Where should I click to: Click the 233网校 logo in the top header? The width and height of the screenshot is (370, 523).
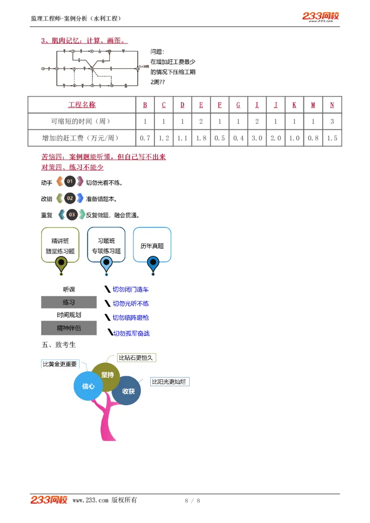321,17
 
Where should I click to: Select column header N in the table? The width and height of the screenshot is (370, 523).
332,105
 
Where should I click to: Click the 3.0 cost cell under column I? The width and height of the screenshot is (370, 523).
257,138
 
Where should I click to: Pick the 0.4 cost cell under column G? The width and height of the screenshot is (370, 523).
238,138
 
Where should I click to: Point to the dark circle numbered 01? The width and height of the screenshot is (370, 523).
70,182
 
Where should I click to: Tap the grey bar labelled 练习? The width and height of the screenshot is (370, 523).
68,302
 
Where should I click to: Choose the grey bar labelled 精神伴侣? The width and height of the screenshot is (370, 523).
68,328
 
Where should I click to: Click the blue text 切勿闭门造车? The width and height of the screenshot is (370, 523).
130,290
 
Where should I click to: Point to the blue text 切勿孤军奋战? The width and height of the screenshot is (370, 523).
131,333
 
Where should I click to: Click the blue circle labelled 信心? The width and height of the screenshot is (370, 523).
88,386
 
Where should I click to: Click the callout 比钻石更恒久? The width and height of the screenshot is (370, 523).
136,358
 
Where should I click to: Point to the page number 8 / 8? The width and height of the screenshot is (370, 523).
192,500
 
